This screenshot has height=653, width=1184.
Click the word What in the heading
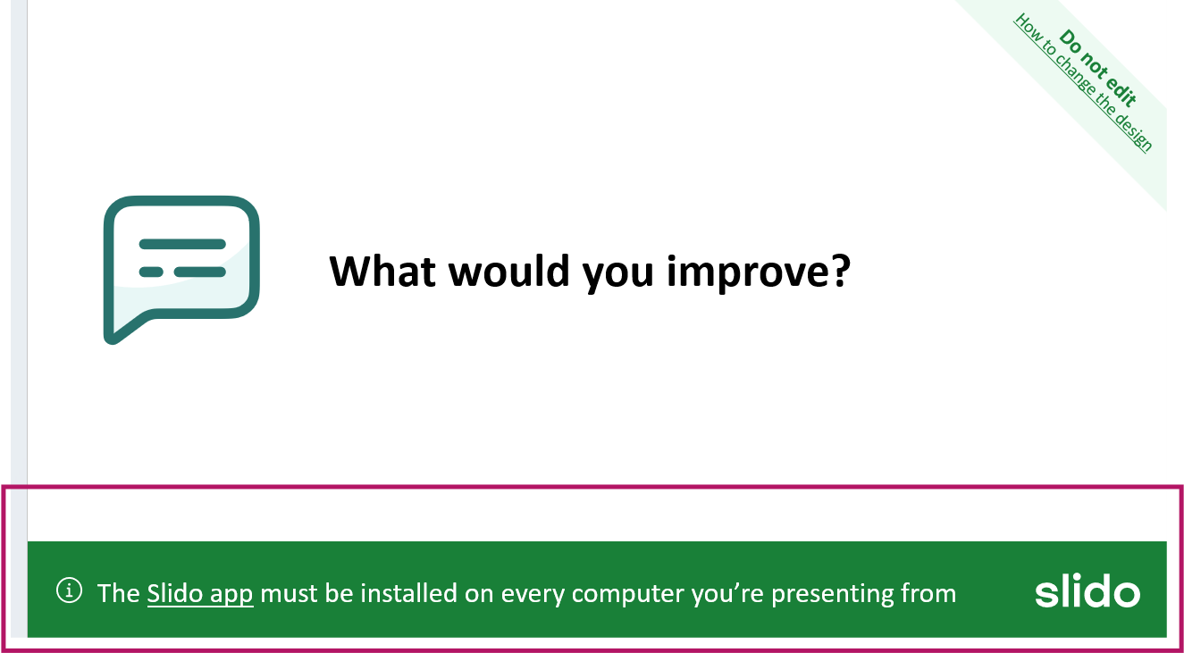point(382,271)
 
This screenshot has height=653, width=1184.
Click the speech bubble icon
point(181,270)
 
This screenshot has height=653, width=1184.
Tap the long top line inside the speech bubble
point(182,244)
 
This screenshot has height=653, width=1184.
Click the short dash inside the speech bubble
point(151,272)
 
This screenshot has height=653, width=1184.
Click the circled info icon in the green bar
point(69,590)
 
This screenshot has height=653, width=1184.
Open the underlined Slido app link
point(200,594)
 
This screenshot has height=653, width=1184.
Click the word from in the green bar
point(928,593)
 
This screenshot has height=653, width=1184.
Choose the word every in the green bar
point(533,595)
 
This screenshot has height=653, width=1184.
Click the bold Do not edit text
point(1098,68)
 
